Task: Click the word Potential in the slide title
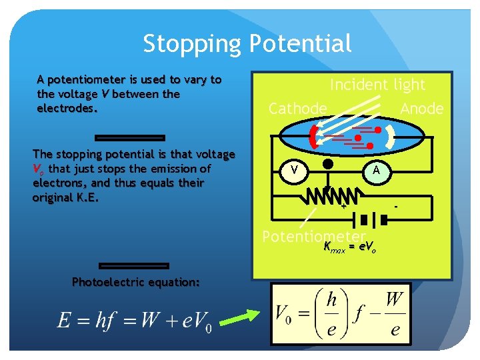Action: (300, 44)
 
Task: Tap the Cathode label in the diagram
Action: (297, 109)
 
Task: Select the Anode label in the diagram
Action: (421, 109)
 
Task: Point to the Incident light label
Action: (377, 85)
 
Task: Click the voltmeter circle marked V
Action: (293, 171)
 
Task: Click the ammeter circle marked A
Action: (377, 171)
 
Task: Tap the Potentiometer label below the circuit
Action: (313, 237)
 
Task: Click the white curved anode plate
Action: (391, 137)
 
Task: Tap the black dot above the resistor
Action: (327, 165)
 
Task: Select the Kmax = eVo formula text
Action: (349, 249)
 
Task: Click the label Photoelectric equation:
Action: (136, 282)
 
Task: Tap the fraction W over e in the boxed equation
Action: (394, 311)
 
